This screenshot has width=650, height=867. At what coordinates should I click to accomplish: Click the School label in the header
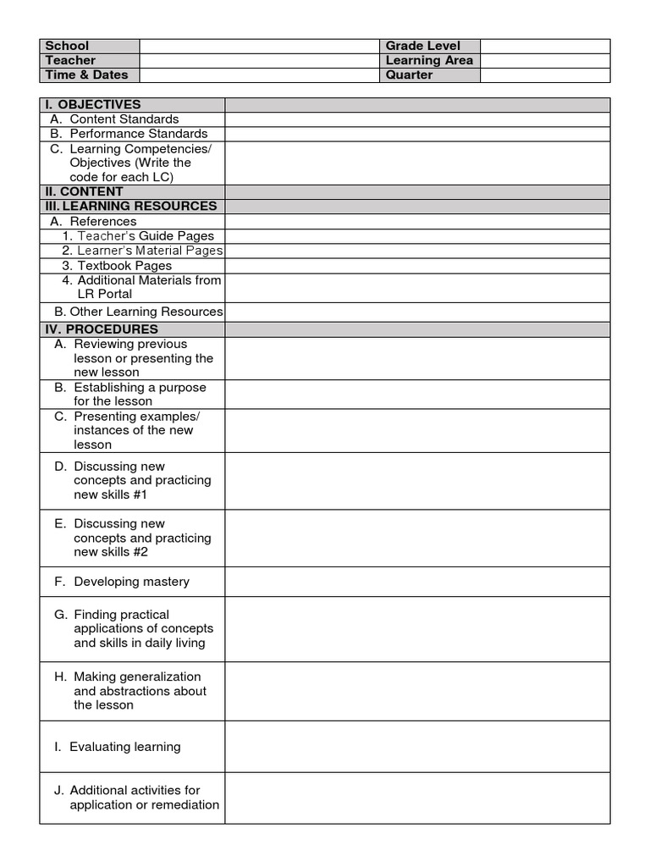[67, 46]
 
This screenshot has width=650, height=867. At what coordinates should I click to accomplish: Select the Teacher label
[70, 60]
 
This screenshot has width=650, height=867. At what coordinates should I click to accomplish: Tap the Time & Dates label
[86, 75]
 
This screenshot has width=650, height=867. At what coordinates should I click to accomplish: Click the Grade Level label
[421, 46]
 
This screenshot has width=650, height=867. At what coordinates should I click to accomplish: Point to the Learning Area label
[429, 60]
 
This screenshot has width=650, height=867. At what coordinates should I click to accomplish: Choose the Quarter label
[409, 75]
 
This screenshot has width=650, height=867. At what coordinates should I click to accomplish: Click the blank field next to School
[259, 46]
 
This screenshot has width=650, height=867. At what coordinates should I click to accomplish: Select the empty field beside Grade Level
[544, 46]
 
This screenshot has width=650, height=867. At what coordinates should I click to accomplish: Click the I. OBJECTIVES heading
[93, 104]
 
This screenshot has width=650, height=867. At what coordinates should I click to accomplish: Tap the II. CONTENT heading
[84, 191]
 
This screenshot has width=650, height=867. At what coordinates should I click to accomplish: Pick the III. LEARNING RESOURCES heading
[131, 206]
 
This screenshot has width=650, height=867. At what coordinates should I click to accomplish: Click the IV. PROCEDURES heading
[102, 329]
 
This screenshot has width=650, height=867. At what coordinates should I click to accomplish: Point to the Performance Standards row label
[138, 134]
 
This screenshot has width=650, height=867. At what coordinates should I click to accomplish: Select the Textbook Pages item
[124, 266]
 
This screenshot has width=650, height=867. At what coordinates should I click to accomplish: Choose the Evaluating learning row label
[124, 747]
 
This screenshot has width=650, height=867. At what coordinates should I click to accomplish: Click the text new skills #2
[111, 552]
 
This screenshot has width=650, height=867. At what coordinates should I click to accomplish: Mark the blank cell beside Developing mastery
[417, 582]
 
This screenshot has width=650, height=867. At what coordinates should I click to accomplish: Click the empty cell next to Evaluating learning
[417, 747]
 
